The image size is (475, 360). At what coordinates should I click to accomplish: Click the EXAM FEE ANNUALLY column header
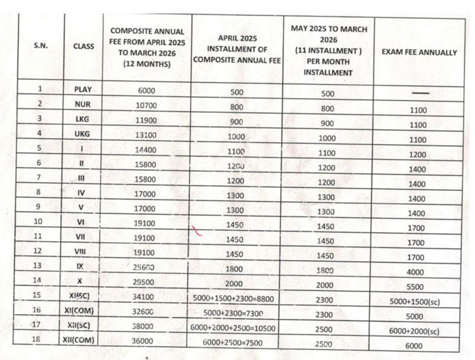[x=424, y=52]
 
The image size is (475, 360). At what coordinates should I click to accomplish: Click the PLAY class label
[x=83, y=89]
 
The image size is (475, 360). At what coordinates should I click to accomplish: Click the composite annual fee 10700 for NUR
[x=148, y=105]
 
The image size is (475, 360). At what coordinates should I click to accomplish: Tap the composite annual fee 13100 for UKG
[x=148, y=134]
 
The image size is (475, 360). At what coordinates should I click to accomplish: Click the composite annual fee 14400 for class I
[x=148, y=148]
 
